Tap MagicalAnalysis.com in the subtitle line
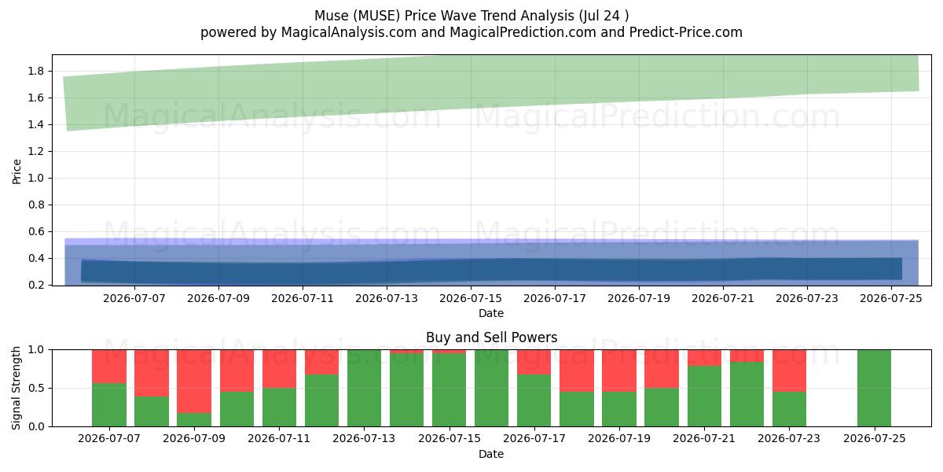(349, 32)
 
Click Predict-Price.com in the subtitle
(686, 32)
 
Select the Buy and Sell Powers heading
(491, 337)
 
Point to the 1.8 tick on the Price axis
(36, 71)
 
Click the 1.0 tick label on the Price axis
(36, 178)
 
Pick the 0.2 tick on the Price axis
(36, 285)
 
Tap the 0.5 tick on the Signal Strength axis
(36, 388)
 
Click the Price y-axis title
(17, 171)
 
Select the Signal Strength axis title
(17, 388)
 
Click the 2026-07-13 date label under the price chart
(387, 298)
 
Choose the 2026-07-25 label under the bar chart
(875, 438)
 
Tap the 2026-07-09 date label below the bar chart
(194, 438)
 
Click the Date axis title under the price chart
(491, 313)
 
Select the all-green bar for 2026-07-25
(874, 388)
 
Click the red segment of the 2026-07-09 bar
(194, 382)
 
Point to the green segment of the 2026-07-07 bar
(109, 405)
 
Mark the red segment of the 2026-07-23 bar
(789, 371)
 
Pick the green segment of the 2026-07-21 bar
(704, 396)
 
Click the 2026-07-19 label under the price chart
(639, 298)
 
